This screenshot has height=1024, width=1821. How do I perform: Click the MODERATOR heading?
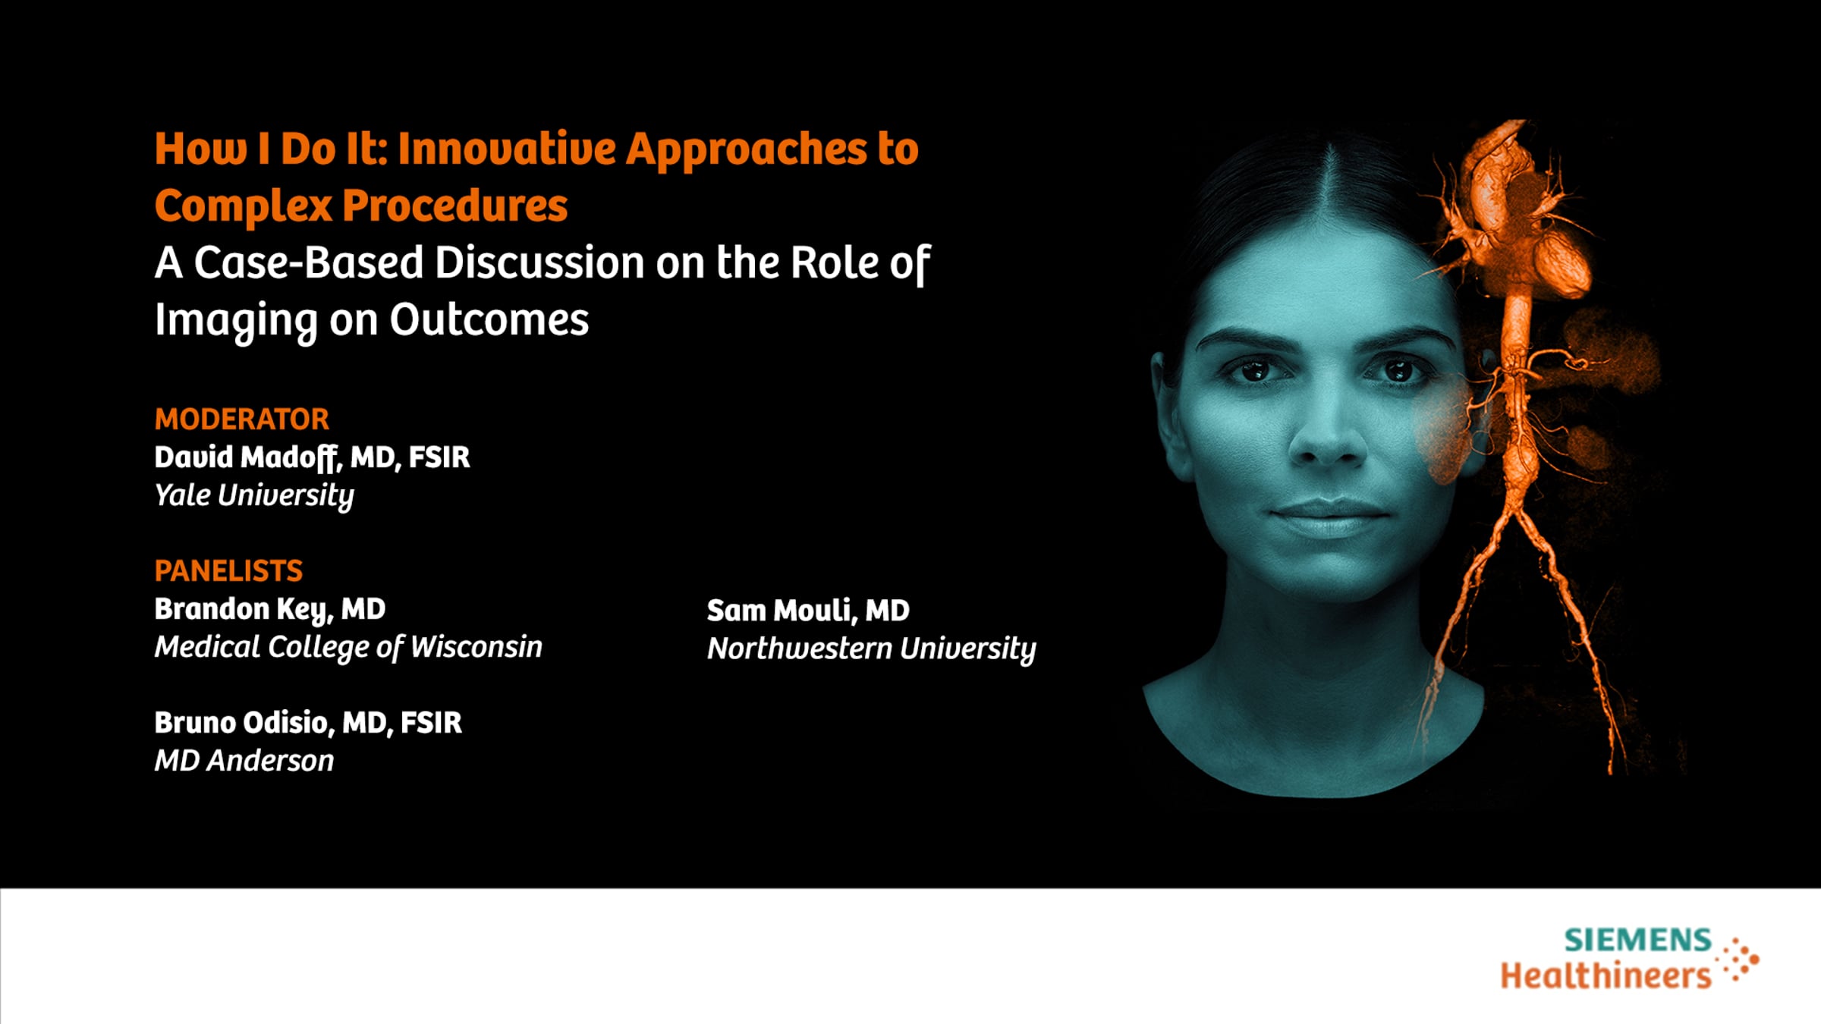[x=242, y=419]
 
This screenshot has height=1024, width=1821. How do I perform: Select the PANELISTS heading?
[x=228, y=570]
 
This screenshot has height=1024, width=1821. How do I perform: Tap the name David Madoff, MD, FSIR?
[x=312, y=457]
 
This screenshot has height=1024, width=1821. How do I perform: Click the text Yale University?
[x=254, y=496]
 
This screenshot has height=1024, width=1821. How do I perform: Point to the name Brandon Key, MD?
[x=270, y=610]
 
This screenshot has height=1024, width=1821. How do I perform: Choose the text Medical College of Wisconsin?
[x=348, y=648]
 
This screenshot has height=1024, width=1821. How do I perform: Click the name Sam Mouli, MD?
[x=808, y=611]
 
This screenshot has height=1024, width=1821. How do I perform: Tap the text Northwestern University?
[x=872, y=649]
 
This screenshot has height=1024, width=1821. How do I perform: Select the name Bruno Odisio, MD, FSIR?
[x=308, y=723]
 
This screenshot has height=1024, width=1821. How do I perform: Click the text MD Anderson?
[x=244, y=761]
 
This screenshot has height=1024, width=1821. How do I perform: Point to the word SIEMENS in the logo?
[x=1638, y=941]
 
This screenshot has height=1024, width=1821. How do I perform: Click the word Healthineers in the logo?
[x=1606, y=975]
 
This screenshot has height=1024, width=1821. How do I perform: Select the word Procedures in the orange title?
[x=454, y=206]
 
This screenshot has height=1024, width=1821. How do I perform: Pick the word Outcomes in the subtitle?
[x=489, y=319]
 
